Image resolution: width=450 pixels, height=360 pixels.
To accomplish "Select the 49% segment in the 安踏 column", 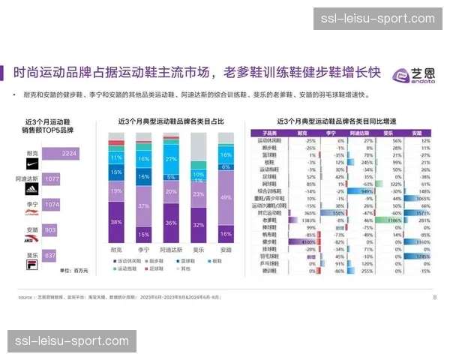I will coord(226,196).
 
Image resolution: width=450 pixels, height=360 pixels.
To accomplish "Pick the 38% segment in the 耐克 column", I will coord(116,222).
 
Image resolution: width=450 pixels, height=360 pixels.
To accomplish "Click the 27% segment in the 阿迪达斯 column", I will coord(171,159).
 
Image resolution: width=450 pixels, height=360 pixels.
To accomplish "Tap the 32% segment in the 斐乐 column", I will coord(199,224).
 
